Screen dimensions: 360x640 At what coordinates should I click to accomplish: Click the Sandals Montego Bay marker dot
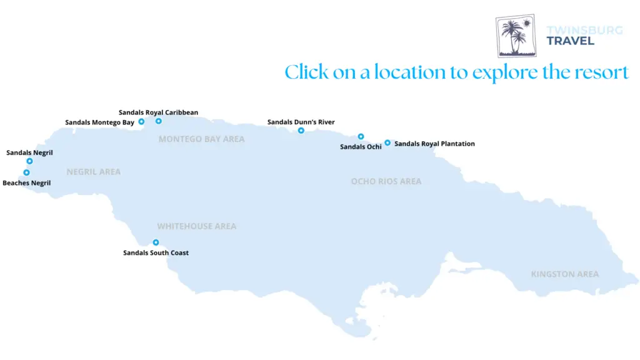pyautogui.click(x=142, y=121)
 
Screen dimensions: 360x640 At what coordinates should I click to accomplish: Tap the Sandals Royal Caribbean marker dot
pyautogui.click(x=159, y=121)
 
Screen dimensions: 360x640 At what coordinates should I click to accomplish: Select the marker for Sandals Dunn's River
pyautogui.click(x=301, y=131)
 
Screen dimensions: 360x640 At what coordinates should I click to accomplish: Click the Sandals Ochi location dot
pyautogui.click(x=361, y=136)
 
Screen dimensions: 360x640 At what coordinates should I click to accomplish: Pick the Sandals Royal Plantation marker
pyautogui.click(x=387, y=142)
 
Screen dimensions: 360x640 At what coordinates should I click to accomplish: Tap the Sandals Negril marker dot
pyautogui.click(x=29, y=161)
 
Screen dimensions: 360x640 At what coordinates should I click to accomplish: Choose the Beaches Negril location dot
pyautogui.click(x=26, y=172)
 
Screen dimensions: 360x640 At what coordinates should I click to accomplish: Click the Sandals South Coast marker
pyautogui.click(x=156, y=242)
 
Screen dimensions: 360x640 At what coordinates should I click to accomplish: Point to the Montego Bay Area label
pyautogui.click(x=201, y=139)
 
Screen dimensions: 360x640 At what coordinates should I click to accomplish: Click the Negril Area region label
pyautogui.click(x=93, y=172)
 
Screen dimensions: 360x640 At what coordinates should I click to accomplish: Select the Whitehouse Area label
pyautogui.click(x=196, y=226)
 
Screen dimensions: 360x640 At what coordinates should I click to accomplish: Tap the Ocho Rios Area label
pyautogui.click(x=386, y=181)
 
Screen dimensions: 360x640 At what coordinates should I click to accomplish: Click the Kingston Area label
pyautogui.click(x=564, y=274)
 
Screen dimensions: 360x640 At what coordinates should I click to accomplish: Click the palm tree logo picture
pyautogui.click(x=516, y=36)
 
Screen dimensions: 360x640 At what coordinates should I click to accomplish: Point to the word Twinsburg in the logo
pyautogui.click(x=584, y=30)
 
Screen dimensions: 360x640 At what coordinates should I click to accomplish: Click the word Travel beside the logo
pyautogui.click(x=570, y=41)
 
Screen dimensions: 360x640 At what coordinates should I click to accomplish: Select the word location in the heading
pyautogui.click(x=410, y=72)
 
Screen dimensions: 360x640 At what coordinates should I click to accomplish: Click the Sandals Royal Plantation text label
pyautogui.click(x=434, y=144)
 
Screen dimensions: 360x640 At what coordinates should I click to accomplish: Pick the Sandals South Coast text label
pyautogui.click(x=156, y=253)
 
